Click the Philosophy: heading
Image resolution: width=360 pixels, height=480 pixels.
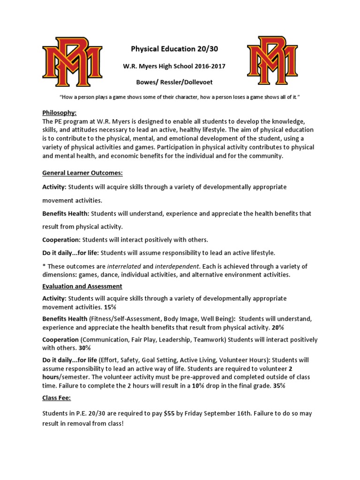(x=59, y=113)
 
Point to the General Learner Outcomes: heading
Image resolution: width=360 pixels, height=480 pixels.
(x=82, y=173)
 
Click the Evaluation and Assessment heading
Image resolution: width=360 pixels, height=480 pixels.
(x=82, y=286)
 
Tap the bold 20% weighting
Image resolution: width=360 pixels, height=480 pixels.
(x=277, y=327)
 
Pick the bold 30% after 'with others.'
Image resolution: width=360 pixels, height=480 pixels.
(x=84, y=348)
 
